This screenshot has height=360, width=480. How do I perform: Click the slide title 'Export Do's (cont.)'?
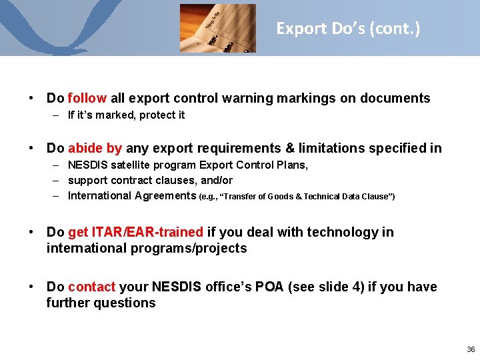[348, 29]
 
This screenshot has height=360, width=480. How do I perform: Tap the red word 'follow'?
[87, 99]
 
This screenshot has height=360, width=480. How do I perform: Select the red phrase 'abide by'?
[95, 148]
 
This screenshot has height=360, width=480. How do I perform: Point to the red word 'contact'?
[91, 287]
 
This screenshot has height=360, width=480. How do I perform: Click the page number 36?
[471, 349]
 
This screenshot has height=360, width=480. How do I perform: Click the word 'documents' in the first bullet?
[395, 99]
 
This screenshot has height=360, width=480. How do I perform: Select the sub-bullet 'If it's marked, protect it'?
[126, 115]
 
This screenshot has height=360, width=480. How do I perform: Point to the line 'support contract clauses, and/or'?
[150, 180]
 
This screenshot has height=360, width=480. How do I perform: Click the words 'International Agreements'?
[132, 196]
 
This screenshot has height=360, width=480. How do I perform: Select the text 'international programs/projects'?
[146, 249]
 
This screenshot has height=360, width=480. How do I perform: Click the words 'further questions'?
[101, 303]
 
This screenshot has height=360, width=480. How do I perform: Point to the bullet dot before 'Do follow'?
[31, 99]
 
